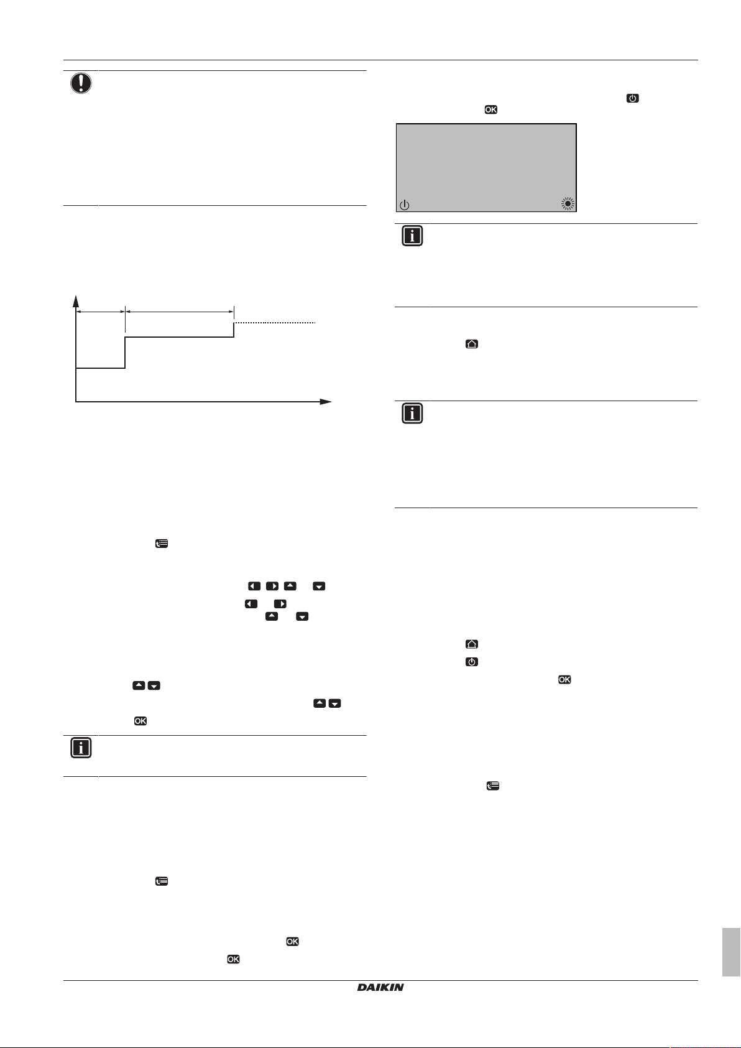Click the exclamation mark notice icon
(x=81, y=83)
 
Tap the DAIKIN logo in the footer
(x=380, y=987)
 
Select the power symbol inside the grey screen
(x=405, y=204)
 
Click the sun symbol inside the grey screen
(x=567, y=203)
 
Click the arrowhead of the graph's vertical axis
(x=76, y=300)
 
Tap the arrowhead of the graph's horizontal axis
(x=326, y=402)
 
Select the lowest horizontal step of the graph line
(x=100, y=368)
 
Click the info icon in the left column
(x=81, y=748)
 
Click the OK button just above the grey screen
(x=490, y=110)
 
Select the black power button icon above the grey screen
(x=632, y=98)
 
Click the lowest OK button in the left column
(x=233, y=959)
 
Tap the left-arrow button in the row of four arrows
(x=254, y=586)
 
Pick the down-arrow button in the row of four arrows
(x=319, y=586)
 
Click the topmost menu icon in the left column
(x=161, y=544)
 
